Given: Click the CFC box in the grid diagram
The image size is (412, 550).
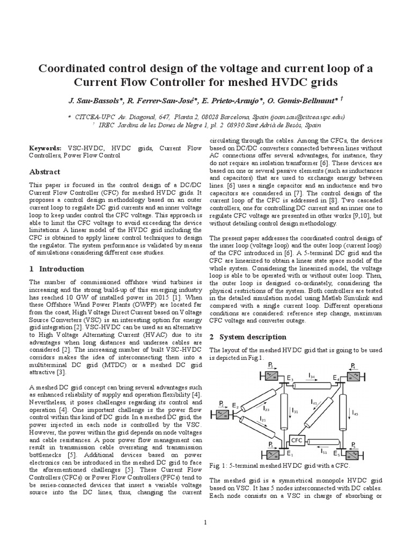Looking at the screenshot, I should click(297, 440).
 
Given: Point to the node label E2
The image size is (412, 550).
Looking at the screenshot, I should click(235, 407).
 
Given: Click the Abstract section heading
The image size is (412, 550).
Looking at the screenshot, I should click(45, 172).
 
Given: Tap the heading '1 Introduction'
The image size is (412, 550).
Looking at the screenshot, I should click(56, 269).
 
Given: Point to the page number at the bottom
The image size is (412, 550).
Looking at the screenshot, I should click(206, 522).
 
